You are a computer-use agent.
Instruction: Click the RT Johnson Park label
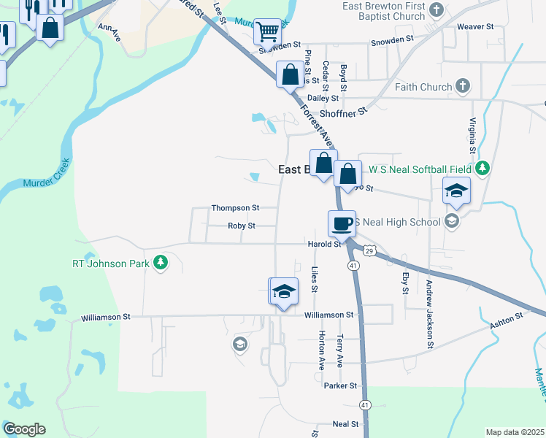click(x=109, y=264)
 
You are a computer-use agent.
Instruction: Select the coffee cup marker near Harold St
click(x=342, y=223)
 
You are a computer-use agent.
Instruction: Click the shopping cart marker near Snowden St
click(x=268, y=31)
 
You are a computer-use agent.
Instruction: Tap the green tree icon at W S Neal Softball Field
click(x=482, y=169)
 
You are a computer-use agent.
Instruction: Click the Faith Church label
click(x=423, y=87)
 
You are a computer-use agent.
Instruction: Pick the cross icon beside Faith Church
click(x=462, y=86)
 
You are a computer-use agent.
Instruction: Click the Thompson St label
click(x=235, y=208)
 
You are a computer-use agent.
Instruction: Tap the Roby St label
click(x=241, y=226)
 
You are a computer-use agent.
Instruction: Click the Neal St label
click(x=345, y=424)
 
